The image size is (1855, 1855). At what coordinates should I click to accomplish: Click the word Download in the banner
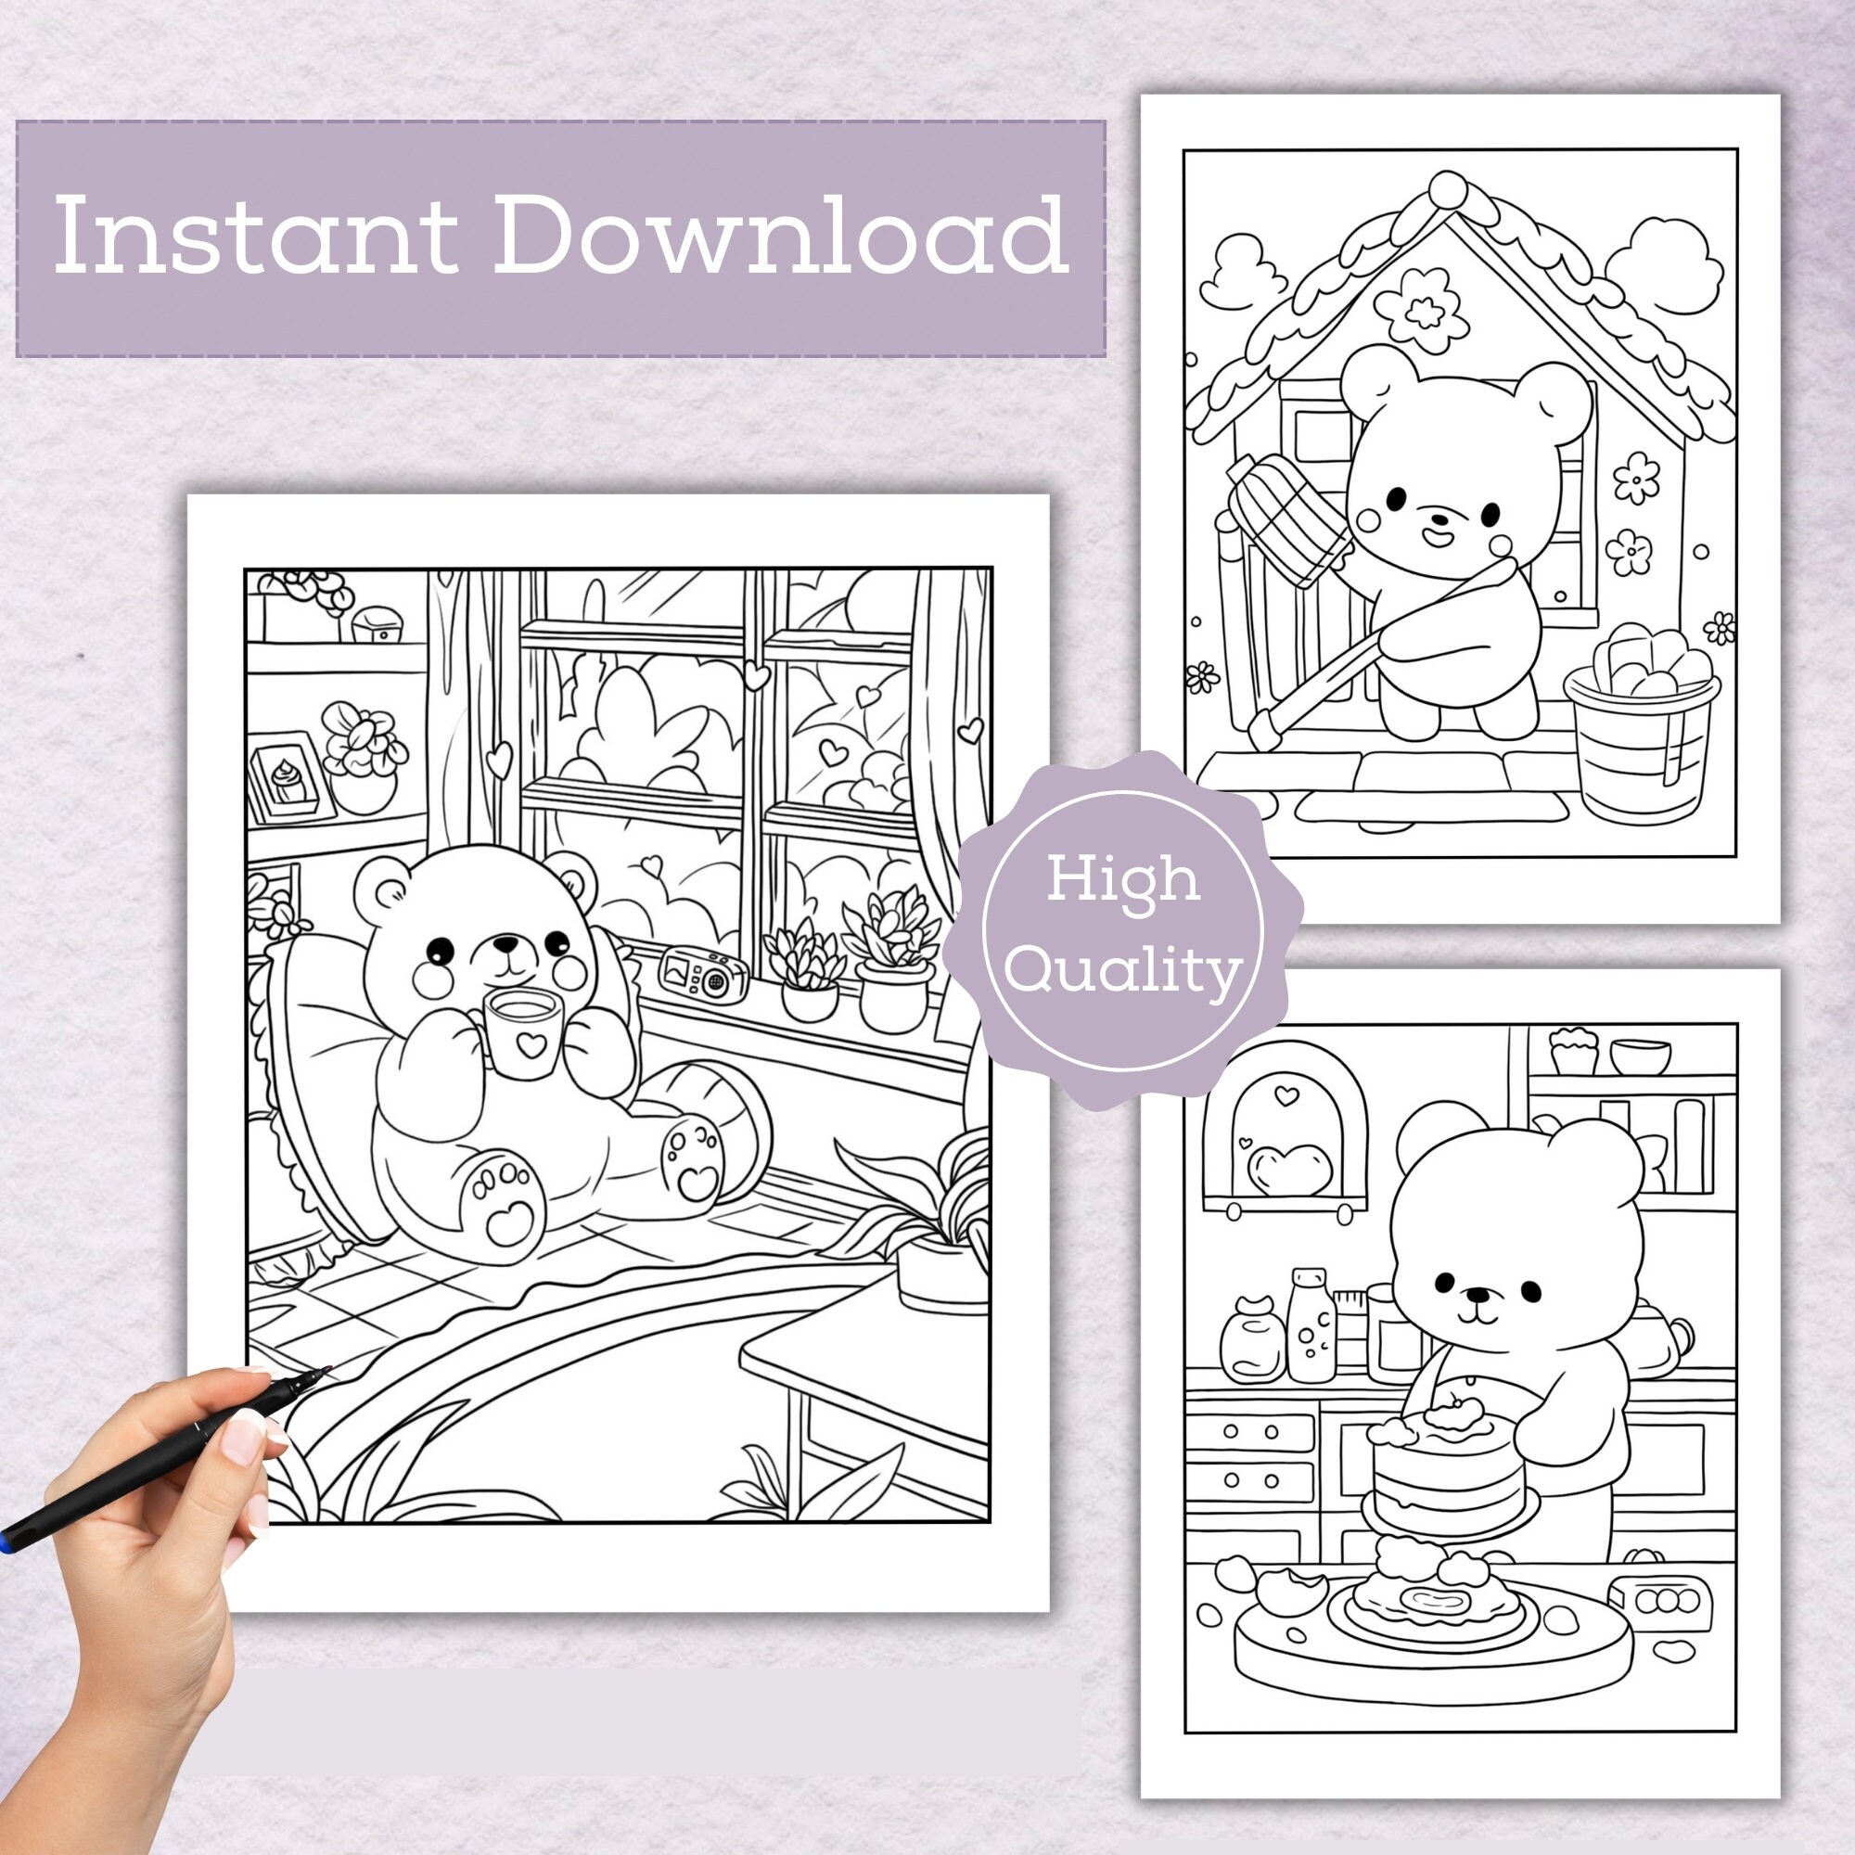tap(780, 236)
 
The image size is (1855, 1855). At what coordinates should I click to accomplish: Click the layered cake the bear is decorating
tap(1448, 1480)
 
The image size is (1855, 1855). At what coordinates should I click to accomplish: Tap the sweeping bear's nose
tap(1438, 518)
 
